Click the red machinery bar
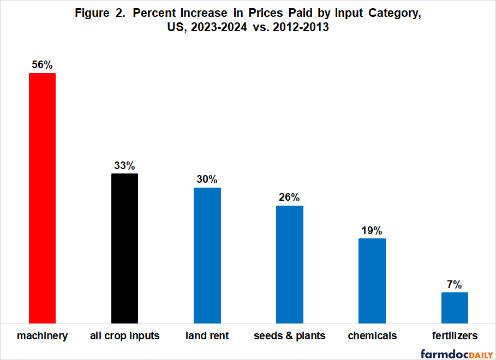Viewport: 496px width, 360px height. coord(42,197)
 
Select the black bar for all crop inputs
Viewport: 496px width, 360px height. coord(124,248)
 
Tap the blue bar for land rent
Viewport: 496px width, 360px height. coord(207,255)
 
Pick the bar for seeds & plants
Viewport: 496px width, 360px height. coord(290,264)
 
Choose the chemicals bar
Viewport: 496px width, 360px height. coord(372,280)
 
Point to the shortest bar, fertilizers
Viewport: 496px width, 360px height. coord(455,308)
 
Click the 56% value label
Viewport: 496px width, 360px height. coord(42,65)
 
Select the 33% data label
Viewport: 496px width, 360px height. coord(124,166)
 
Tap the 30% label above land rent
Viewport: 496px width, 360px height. coord(207,179)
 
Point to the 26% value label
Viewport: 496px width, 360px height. coord(290,197)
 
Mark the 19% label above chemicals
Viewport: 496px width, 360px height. coord(372,230)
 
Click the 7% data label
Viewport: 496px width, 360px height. coord(455,284)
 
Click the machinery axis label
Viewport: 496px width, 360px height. coord(42,335)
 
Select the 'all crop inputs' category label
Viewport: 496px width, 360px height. coord(124,335)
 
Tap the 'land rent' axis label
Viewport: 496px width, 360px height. coord(207,335)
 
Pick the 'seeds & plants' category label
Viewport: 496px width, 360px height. coord(290,335)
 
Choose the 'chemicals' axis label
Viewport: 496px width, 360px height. coord(372,335)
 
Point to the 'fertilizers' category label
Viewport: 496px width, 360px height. coord(455,335)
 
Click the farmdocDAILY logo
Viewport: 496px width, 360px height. coord(456,353)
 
